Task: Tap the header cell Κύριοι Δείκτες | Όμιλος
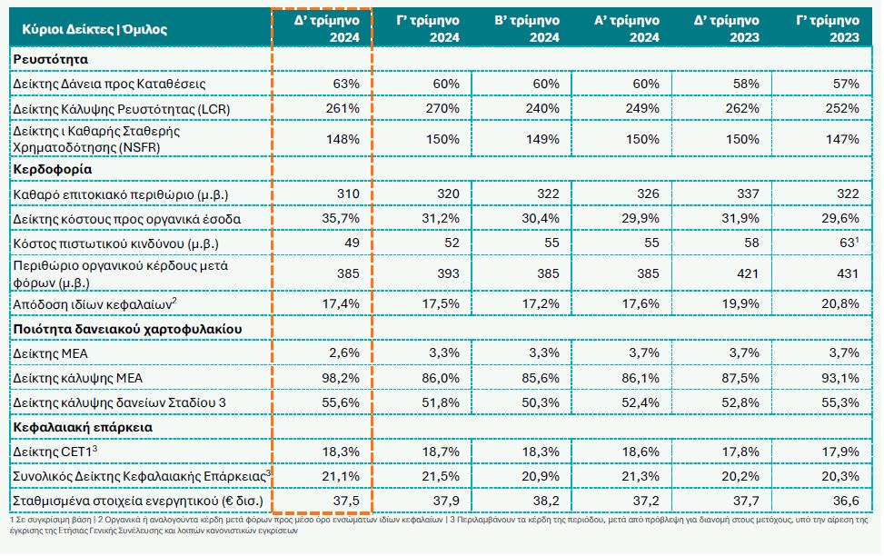pyautogui.click(x=89, y=29)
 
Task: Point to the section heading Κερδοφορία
pyautogui.click(x=52, y=169)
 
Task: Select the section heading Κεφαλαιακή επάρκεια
pyautogui.click(x=82, y=425)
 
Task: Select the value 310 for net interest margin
pyautogui.click(x=348, y=194)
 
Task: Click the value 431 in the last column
pyautogui.click(x=846, y=272)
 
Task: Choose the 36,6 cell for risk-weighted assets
pyautogui.click(x=845, y=501)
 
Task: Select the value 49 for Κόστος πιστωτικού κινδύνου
pyautogui.click(x=352, y=243)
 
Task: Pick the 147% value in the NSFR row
pyautogui.click(x=841, y=139)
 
